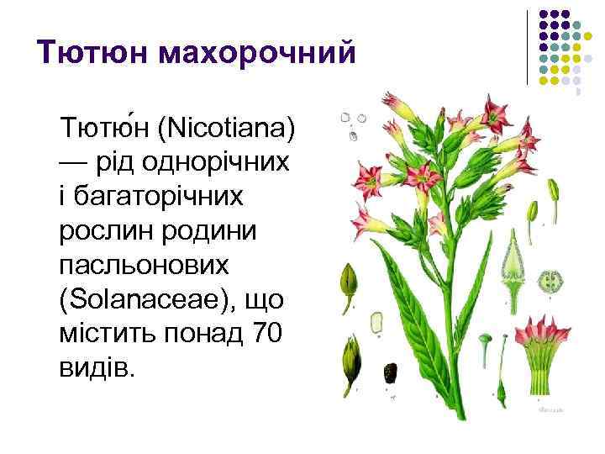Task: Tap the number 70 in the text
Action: tap(267, 332)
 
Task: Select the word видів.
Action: tap(96, 367)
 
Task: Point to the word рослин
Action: tap(97, 230)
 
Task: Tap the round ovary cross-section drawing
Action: tap(553, 280)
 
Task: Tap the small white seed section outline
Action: tap(376, 320)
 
